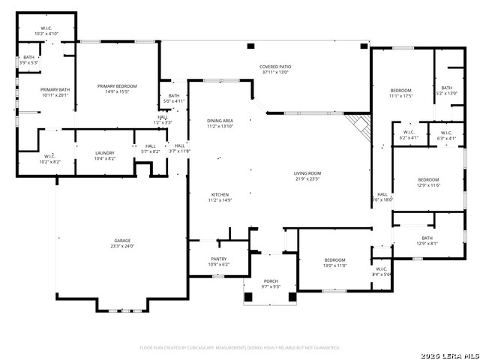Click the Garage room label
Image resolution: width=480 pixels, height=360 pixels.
pos(122,243)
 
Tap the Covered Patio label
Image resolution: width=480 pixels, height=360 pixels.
pos(274,69)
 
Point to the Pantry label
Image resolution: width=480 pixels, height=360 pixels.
pos(218,260)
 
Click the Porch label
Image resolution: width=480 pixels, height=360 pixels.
pos(271,283)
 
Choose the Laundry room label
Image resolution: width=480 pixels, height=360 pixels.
pos(104,155)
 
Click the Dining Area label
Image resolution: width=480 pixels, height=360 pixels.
pos(220,123)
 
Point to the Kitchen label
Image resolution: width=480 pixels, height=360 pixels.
pos(220,196)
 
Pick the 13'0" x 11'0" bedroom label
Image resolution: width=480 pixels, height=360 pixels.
pos(334,262)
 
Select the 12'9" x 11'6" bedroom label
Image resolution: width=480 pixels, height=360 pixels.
pos(428,182)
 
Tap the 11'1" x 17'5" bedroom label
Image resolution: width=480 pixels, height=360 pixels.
pos(401,93)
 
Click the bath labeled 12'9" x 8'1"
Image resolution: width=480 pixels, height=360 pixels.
pos(427,240)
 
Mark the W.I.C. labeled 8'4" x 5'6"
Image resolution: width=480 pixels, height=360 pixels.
pos(382,271)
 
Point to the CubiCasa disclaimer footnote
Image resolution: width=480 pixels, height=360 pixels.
pos(240,347)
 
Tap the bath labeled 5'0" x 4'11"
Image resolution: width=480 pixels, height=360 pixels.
pos(174,97)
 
